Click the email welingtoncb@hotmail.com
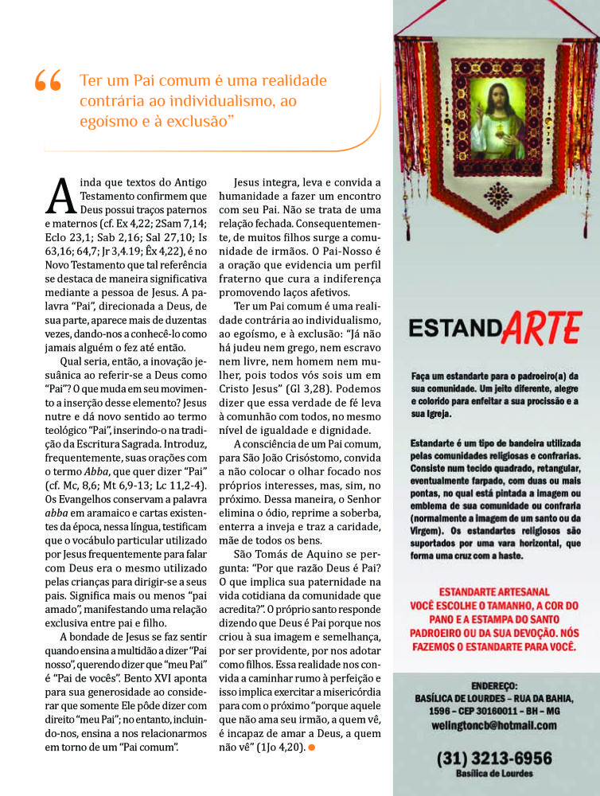pos(493,726)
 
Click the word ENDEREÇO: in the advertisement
pos(493,685)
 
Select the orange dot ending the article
pos(312,747)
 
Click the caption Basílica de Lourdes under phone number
pos(493,774)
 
